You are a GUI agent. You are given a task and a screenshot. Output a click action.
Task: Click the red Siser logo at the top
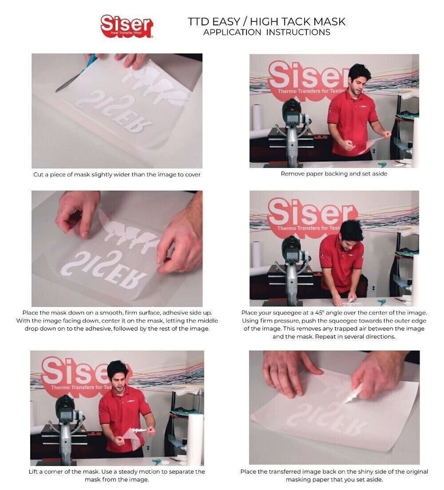pyautogui.click(x=127, y=26)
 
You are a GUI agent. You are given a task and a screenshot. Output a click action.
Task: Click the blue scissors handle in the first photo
pyautogui.click(x=91, y=61)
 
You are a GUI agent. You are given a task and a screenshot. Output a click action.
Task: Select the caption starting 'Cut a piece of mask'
pyautogui.click(x=117, y=175)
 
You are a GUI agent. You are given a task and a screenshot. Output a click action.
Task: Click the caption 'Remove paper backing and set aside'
pyautogui.click(x=334, y=174)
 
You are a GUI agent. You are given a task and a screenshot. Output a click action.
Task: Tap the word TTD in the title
pyautogui.click(x=199, y=21)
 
